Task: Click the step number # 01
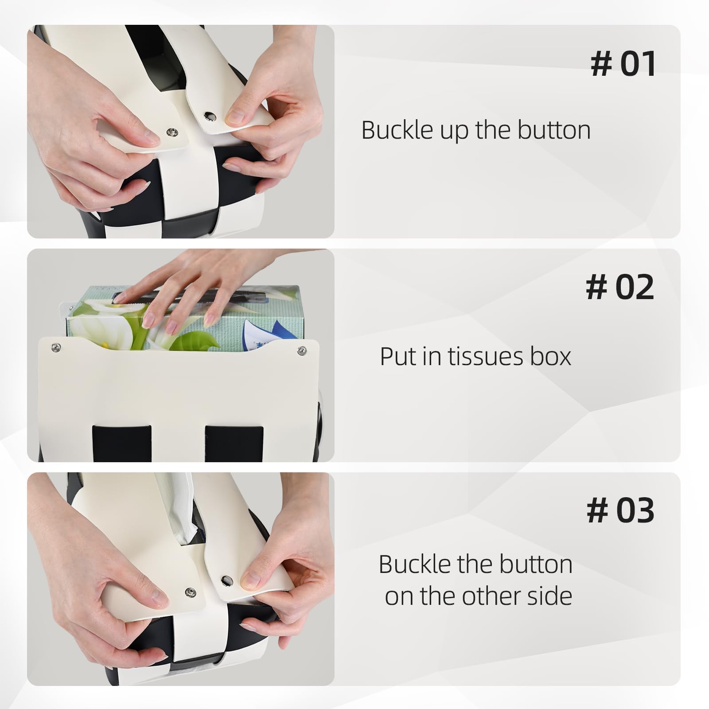[623, 64]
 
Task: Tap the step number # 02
[619, 288]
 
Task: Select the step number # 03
[620, 510]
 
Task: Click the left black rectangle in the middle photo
[121, 443]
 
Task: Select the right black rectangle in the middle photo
[234, 443]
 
